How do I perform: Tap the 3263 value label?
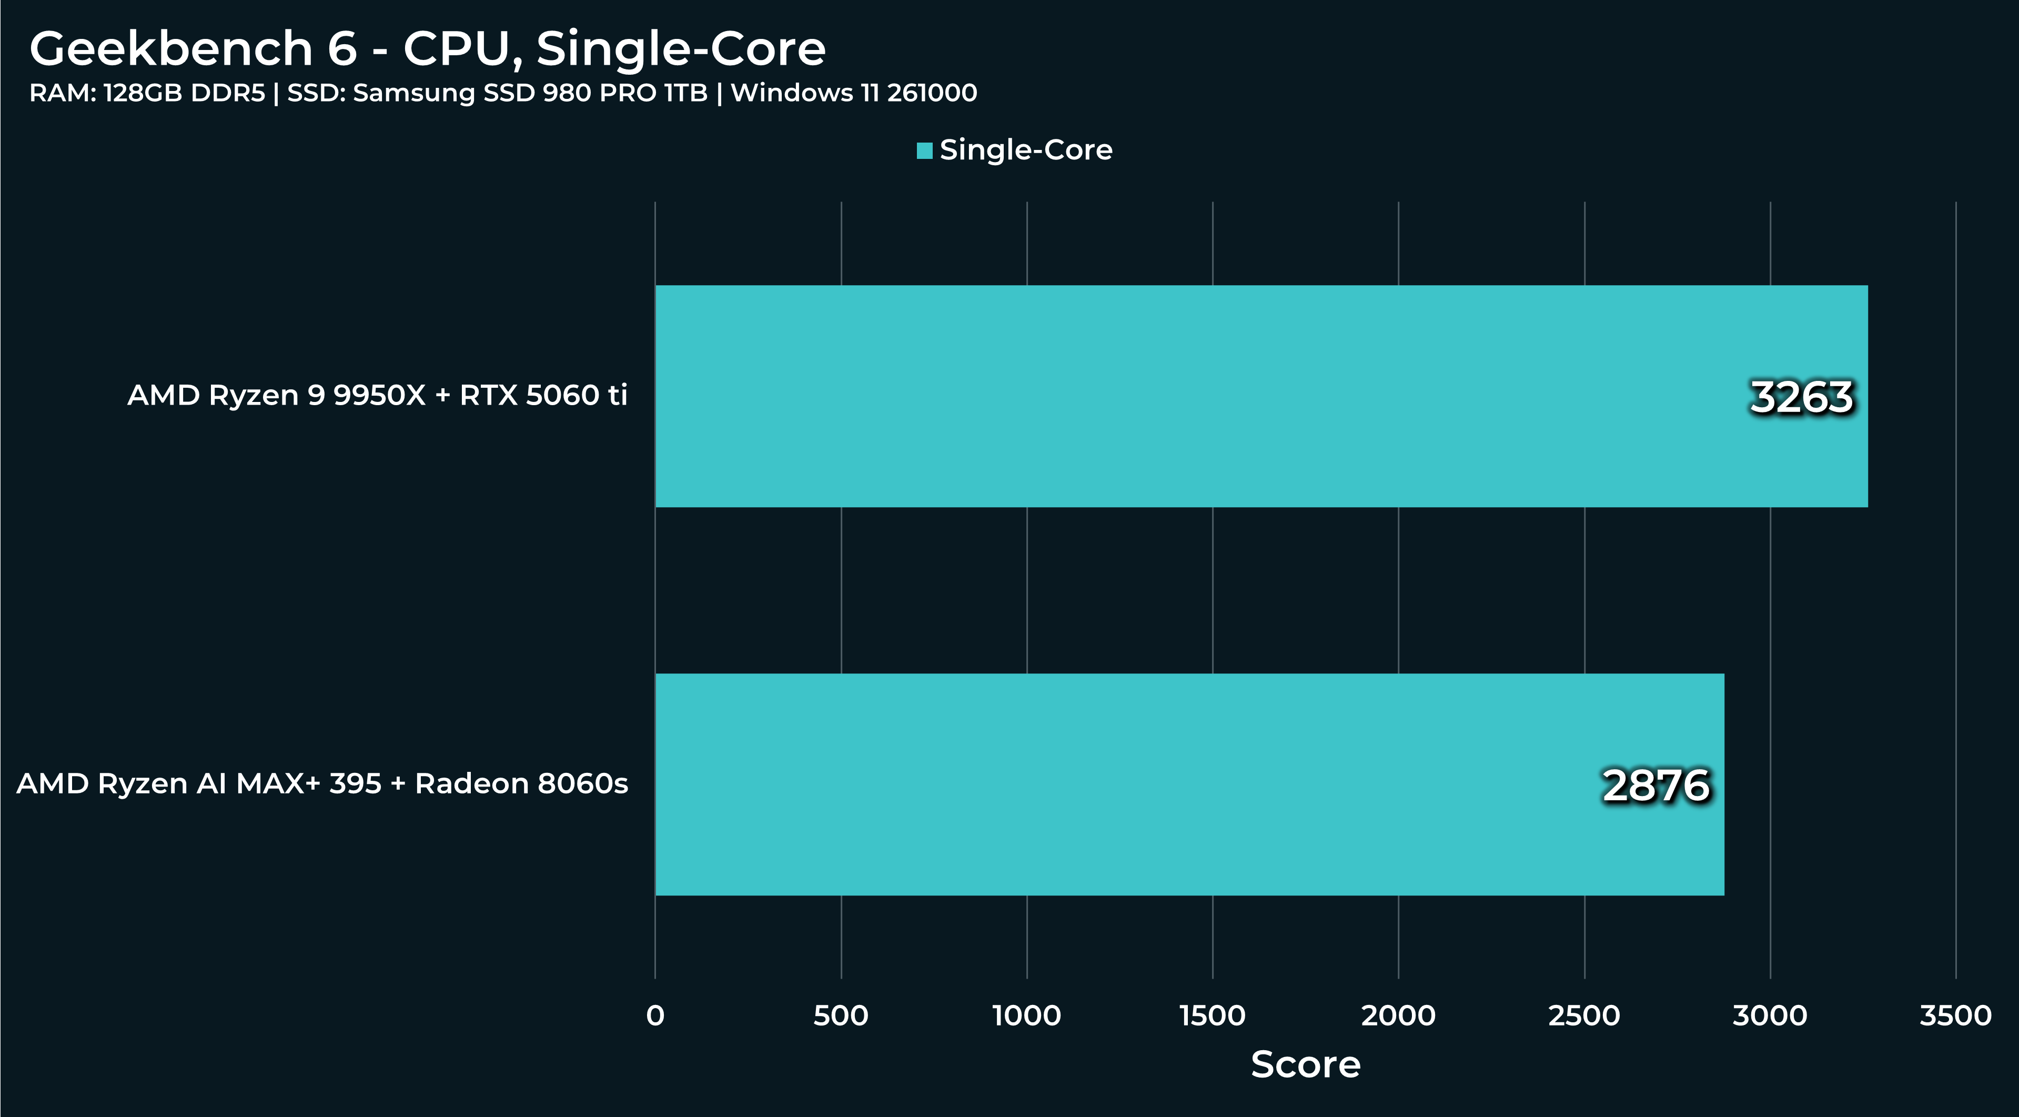coord(1801,397)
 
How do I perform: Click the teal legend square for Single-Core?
coord(925,150)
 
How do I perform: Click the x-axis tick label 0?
coord(655,1016)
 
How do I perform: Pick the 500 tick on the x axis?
coord(841,1016)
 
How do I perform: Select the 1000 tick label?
coord(1027,1016)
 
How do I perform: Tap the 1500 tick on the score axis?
coord(1213,1016)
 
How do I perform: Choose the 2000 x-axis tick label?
coord(1398,1016)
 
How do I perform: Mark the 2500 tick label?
coord(1584,1016)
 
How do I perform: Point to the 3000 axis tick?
coord(1770,1016)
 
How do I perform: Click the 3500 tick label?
coord(1955,1016)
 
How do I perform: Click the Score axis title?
coord(1306,1064)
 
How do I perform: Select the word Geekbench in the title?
coord(171,48)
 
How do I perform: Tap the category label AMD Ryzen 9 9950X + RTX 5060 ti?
coord(377,395)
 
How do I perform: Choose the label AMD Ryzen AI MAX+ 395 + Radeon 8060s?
coord(322,783)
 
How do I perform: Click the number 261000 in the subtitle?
coord(932,93)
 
